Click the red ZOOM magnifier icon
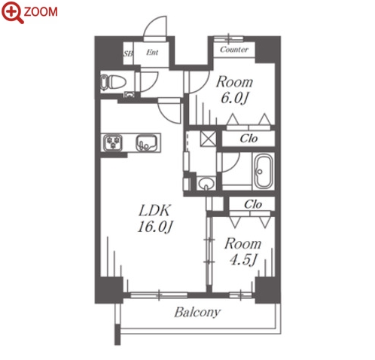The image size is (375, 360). pos(13,13)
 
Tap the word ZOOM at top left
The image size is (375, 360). pos(41,12)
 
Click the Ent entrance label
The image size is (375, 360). pos(152,53)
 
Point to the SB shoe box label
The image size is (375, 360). pos(128,53)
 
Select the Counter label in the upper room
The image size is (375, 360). pos(234,50)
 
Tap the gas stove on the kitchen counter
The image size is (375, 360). pos(113,142)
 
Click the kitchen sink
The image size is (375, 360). pos(146,143)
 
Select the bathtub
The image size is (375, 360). pos(263,171)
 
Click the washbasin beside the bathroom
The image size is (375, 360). pos(206,184)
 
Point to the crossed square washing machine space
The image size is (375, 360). pos(208,139)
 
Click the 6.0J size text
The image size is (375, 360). pos(234,98)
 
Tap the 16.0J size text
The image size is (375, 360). pos(155,227)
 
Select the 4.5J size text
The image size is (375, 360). pos(243,260)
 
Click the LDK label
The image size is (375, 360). pos(154,210)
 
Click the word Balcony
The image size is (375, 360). pos(197,313)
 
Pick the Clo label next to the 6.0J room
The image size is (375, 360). pos(248,139)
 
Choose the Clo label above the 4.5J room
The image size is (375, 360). pos(253,204)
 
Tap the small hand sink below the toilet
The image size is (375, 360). pos(129,95)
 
